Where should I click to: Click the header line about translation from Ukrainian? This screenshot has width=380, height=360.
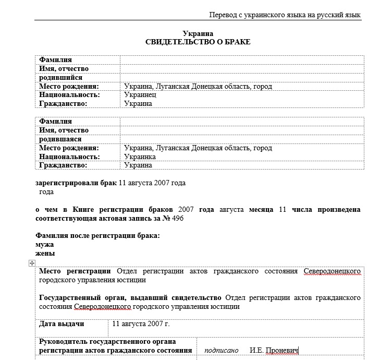[284, 15]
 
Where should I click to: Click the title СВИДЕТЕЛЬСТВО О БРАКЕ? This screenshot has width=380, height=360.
[198, 42]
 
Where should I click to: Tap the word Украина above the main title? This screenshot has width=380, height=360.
[198, 33]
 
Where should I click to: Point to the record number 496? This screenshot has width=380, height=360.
[177, 219]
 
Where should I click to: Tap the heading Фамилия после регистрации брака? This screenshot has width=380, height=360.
[97, 236]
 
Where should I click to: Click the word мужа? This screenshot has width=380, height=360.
[45, 245]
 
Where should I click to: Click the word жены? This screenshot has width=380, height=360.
[45, 254]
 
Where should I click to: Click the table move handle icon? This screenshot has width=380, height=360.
[31, 263]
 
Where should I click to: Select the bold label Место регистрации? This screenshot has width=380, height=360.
[75, 271]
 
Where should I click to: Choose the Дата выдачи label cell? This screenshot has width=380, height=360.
[62, 324]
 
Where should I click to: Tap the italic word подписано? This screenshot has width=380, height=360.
[221, 350]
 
